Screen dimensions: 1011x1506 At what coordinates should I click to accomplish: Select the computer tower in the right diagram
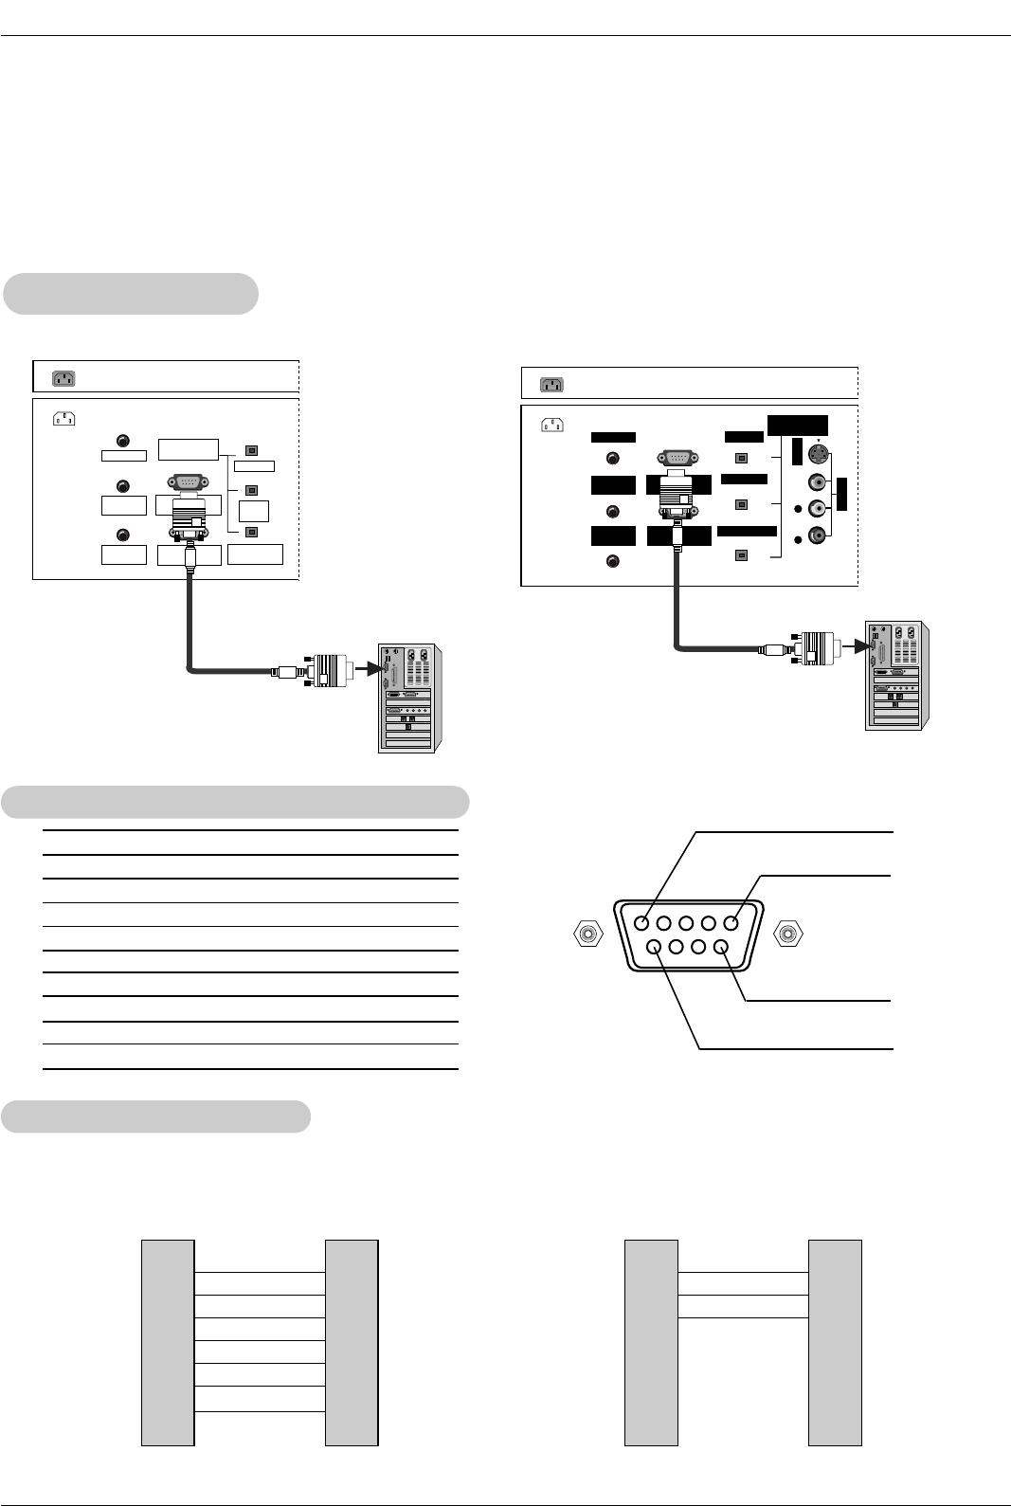pos(895,675)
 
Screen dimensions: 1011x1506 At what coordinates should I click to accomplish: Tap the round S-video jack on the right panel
pos(817,456)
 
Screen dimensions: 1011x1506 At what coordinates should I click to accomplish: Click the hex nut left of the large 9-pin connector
pos(588,934)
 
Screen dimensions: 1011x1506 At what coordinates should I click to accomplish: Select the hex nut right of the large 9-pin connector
pos(788,934)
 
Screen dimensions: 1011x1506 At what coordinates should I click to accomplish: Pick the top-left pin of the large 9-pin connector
pos(643,922)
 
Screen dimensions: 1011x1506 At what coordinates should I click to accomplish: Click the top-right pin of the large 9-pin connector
pos(731,922)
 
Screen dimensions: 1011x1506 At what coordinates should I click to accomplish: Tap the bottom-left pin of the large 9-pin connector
pos(655,945)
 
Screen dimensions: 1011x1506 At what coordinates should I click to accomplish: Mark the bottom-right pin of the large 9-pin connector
pos(721,945)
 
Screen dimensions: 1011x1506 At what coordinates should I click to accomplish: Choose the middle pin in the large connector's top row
pos(687,922)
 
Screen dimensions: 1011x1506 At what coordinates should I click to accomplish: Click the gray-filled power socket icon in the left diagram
pos(63,378)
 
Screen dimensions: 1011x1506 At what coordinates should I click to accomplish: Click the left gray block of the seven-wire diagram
pos(168,1342)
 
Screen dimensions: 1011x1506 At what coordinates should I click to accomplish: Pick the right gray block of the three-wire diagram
pos(835,1342)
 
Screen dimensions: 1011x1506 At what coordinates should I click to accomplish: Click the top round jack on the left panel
pos(122,441)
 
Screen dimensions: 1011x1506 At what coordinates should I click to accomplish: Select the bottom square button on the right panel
pos(742,556)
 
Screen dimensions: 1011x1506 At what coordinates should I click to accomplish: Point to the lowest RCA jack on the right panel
pos(816,534)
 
